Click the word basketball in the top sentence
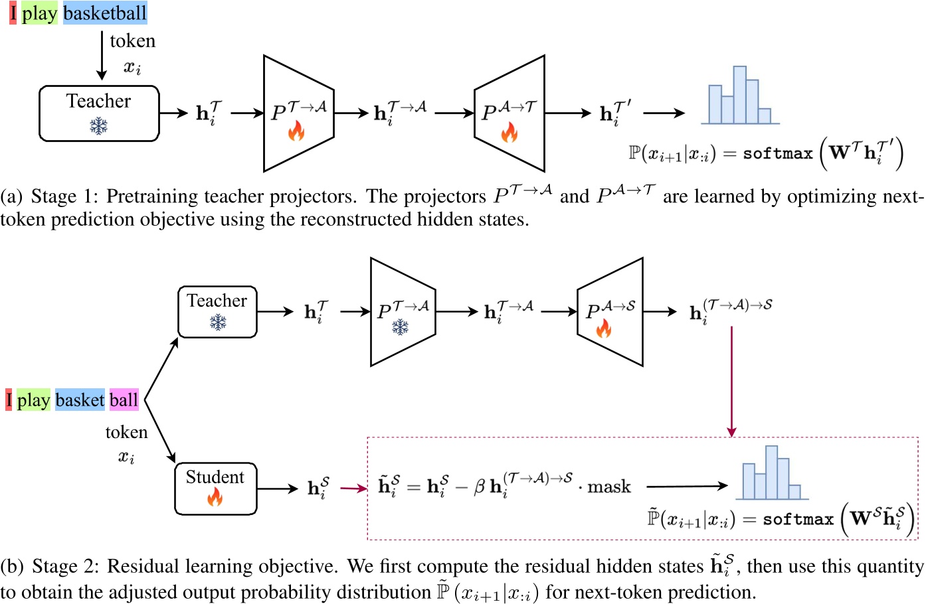point(105,13)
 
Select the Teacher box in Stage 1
point(99,113)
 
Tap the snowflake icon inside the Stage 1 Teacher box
point(99,125)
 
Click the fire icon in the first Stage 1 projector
point(296,131)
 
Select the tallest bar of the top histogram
point(739,94)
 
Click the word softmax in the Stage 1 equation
point(777,154)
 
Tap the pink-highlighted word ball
point(124,400)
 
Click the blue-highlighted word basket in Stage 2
point(80,400)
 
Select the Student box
point(215,489)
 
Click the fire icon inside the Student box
point(215,497)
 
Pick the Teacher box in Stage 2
point(217,311)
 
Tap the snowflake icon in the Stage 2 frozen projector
point(400,327)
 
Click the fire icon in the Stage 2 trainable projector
point(603,328)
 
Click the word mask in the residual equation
point(608,487)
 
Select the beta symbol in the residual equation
point(480,487)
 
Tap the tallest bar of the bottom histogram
point(771,472)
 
